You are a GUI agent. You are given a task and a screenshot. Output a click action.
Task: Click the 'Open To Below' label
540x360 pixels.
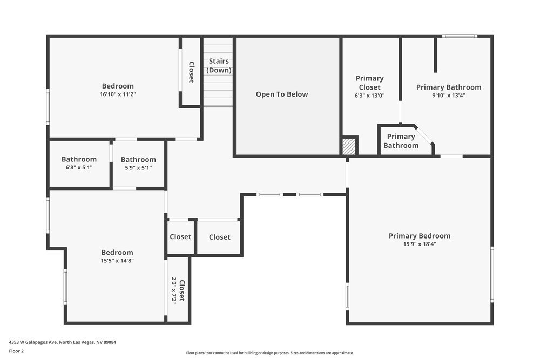282,94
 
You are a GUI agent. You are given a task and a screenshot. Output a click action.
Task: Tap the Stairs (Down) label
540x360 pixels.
219,65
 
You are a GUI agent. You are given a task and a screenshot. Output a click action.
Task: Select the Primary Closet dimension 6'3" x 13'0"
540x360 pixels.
369,96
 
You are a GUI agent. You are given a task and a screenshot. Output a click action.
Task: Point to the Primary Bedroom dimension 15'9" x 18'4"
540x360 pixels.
420,244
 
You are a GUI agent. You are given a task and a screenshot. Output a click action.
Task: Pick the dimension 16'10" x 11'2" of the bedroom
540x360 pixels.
118,94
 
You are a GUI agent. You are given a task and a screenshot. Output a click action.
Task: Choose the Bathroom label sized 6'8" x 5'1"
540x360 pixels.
79,159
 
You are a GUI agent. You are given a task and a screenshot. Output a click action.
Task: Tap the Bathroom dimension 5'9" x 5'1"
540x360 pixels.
138,168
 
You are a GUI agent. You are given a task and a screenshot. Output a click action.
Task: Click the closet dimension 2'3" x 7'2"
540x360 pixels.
174,289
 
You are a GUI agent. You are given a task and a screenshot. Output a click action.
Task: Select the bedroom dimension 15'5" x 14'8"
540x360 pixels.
117,261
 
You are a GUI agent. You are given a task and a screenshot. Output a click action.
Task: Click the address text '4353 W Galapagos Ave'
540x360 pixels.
33,342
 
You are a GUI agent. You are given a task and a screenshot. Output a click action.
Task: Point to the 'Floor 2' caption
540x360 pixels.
16,351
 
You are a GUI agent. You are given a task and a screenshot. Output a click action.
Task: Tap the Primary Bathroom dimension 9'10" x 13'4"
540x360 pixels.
449,96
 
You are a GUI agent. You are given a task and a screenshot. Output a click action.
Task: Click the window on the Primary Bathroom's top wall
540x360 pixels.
460,36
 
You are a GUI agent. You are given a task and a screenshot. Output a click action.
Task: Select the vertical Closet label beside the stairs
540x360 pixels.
192,72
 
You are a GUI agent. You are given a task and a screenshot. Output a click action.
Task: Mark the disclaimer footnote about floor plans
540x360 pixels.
269,353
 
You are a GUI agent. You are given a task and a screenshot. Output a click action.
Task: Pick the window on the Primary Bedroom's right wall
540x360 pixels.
492,274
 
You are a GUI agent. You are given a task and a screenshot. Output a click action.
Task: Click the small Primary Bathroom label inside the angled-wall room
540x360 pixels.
401,141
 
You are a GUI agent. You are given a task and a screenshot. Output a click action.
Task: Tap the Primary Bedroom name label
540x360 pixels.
420,236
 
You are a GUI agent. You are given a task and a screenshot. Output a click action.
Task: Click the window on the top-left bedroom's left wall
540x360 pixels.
48,107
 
